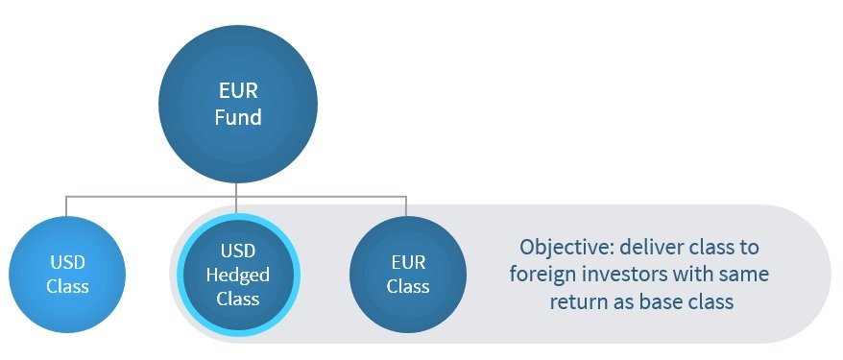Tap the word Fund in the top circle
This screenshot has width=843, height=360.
click(x=236, y=121)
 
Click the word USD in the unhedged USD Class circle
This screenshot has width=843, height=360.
click(x=67, y=263)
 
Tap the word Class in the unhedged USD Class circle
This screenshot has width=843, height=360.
click(x=67, y=286)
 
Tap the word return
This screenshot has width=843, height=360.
click(x=577, y=301)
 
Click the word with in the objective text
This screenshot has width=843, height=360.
click(x=698, y=274)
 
